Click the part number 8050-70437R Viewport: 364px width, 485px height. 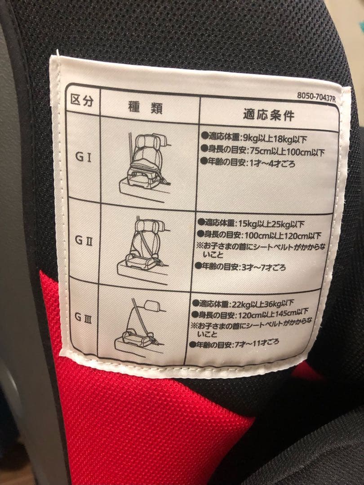point(316,97)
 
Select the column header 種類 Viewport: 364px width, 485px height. point(146,108)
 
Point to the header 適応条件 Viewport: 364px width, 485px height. point(268,115)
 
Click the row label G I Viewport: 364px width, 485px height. point(83,157)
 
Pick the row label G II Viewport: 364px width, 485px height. point(83,240)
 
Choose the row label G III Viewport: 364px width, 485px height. point(83,317)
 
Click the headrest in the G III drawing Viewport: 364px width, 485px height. point(152,306)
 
